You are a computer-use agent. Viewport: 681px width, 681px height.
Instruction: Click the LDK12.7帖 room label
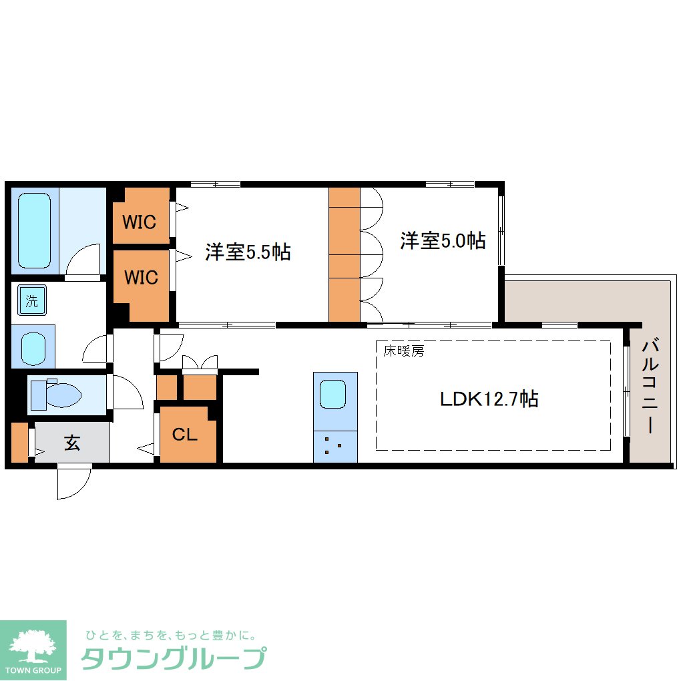(x=489, y=399)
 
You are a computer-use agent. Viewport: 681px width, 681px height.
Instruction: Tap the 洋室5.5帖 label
(x=248, y=252)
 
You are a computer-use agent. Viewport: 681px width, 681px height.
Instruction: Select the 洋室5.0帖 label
(x=443, y=240)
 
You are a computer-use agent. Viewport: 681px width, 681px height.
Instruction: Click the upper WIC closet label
(x=140, y=222)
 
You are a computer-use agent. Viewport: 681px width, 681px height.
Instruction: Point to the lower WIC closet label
(x=140, y=276)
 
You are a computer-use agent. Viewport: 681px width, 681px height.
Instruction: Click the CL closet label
(x=185, y=435)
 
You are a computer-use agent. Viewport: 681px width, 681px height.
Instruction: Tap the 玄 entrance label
(x=72, y=443)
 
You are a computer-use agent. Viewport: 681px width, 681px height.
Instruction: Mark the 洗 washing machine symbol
(x=32, y=300)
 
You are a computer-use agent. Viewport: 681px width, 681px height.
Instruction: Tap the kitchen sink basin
(x=332, y=394)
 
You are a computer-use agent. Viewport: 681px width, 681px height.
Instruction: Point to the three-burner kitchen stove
(x=334, y=446)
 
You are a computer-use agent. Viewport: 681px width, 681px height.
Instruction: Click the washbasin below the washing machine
(x=32, y=347)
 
